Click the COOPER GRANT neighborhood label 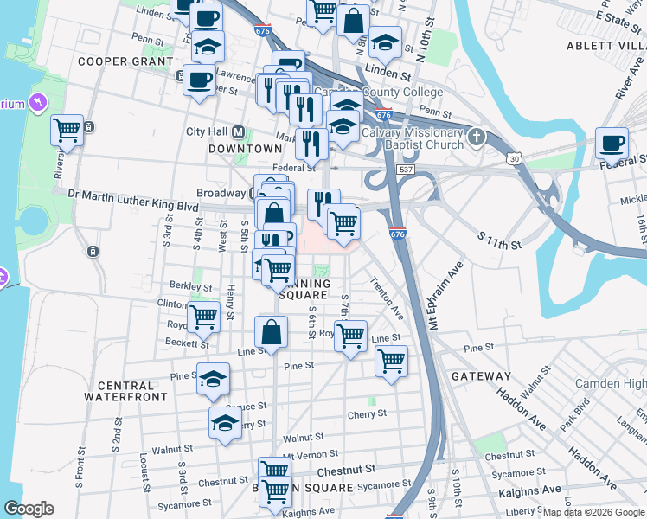(x=121, y=61)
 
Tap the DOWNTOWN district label (x=246, y=149)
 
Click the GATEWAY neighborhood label (x=481, y=376)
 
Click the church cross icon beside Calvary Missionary (x=476, y=138)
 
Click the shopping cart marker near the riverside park (x=67, y=131)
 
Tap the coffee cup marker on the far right (x=612, y=143)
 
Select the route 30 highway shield (x=515, y=159)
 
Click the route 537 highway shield (x=405, y=170)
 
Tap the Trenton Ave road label (x=387, y=297)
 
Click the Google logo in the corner (x=29, y=509)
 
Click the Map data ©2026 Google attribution (x=593, y=512)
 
